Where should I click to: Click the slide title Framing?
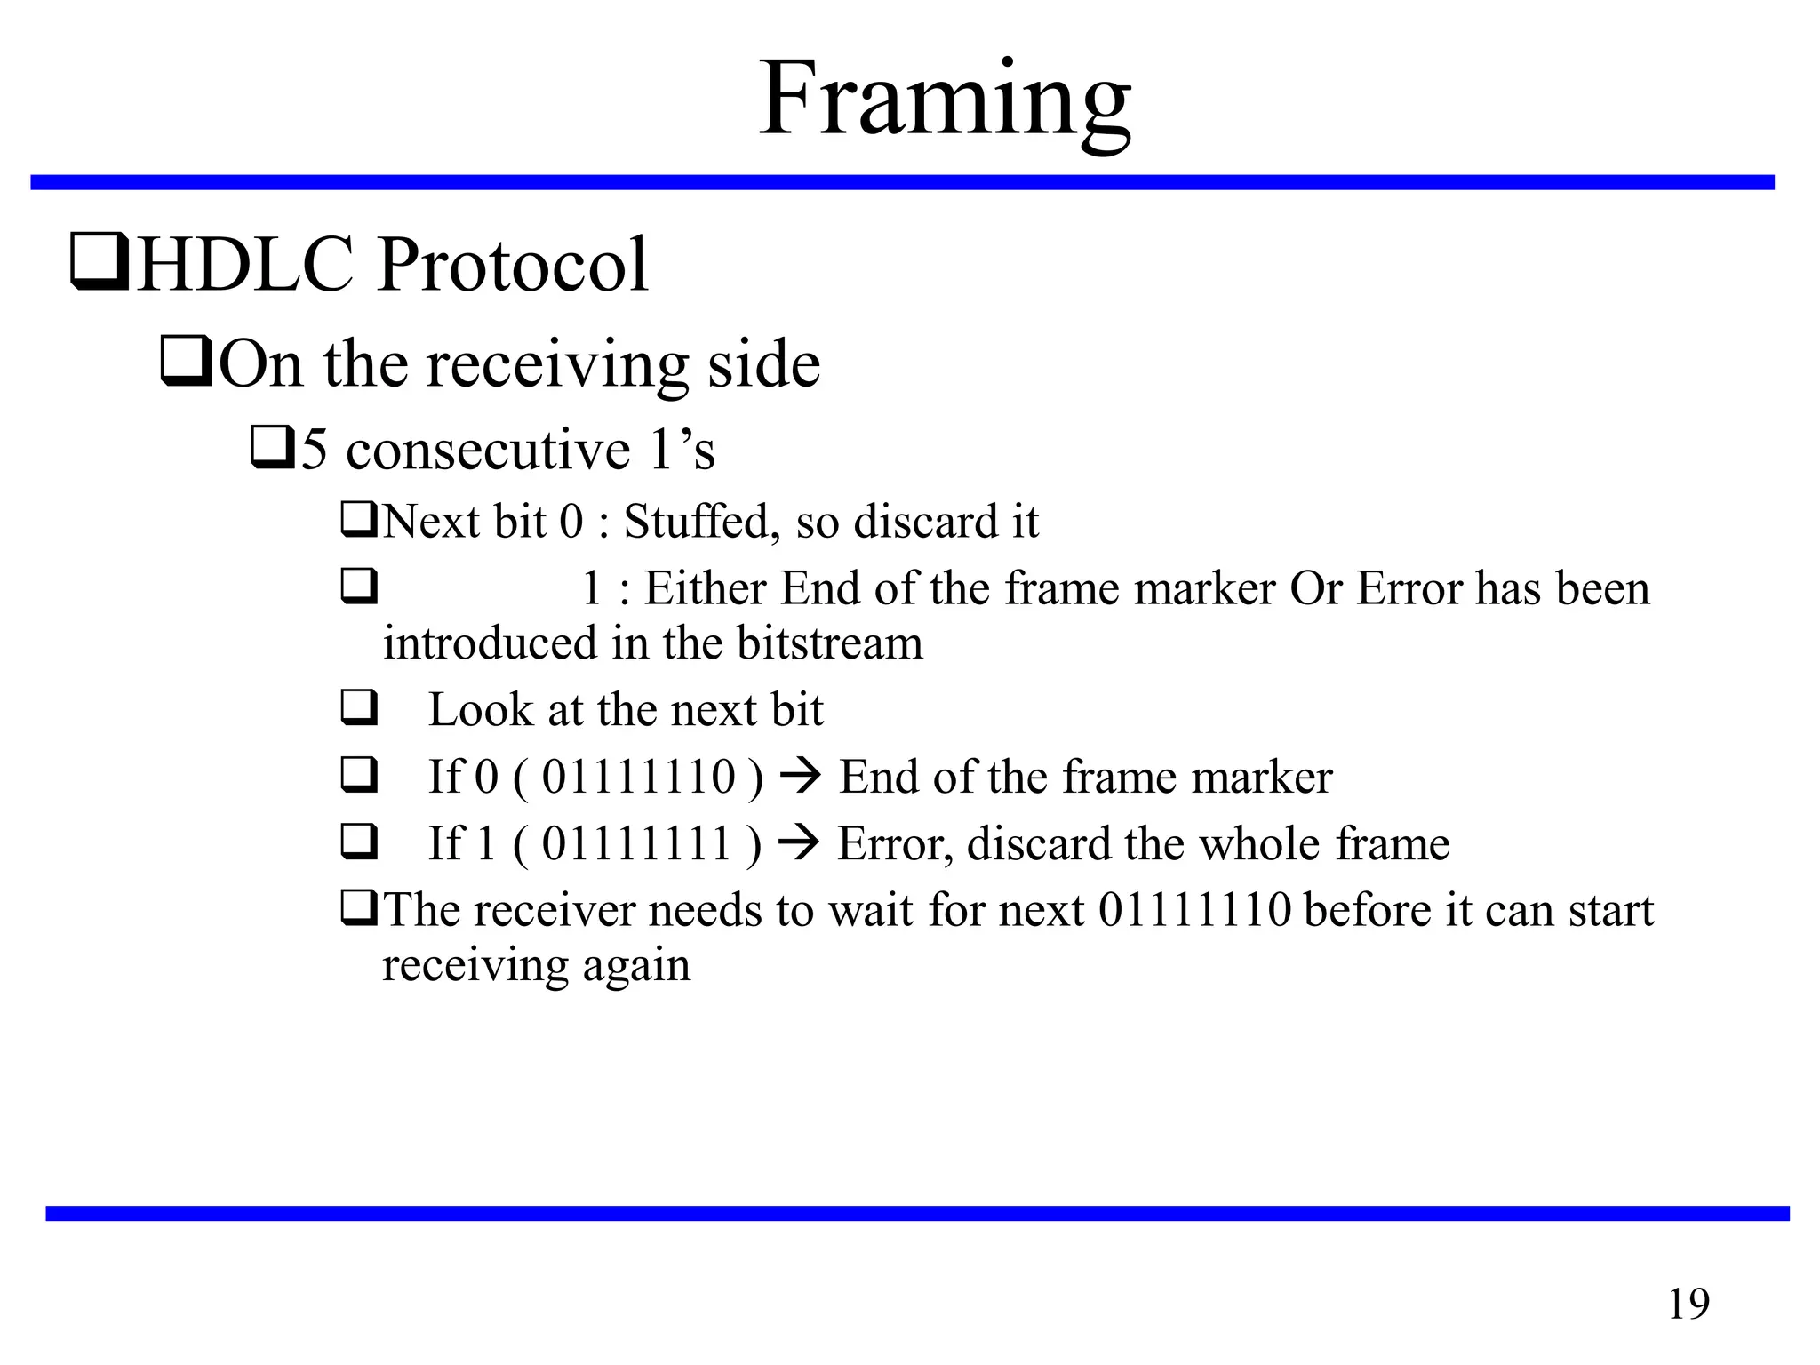tap(945, 100)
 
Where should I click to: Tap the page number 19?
tap(1688, 1305)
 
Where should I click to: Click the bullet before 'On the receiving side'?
tap(186, 363)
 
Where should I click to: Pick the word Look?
tap(480, 710)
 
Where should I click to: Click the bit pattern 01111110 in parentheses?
tap(639, 777)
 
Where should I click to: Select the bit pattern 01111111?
tap(637, 844)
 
